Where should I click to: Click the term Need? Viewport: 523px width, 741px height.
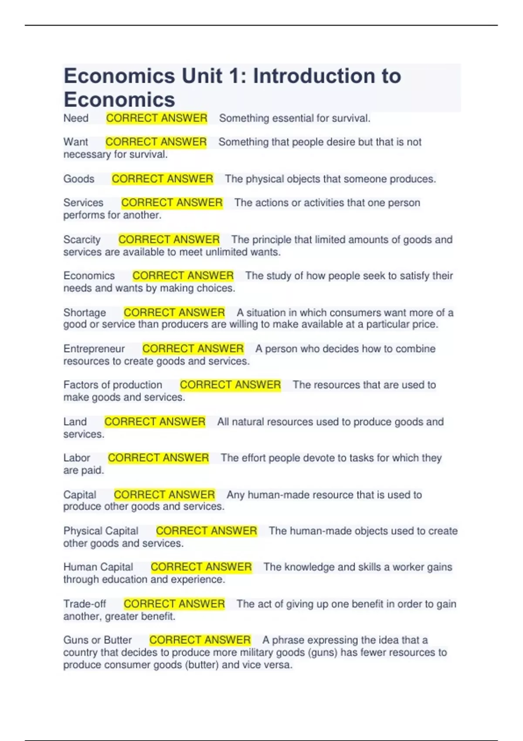click(x=76, y=118)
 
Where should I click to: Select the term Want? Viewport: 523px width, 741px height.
click(x=75, y=142)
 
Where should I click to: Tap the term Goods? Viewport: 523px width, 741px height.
click(x=79, y=179)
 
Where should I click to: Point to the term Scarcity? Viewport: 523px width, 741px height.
click(x=82, y=240)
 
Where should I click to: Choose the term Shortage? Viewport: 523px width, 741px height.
click(x=85, y=313)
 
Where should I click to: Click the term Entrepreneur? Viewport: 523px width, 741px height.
click(x=94, y=349)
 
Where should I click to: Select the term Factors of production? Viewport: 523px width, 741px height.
click(x=112, y=385)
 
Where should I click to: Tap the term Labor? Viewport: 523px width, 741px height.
click(x=77, y=458)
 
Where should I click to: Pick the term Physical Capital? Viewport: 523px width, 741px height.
click(x=101, y=531)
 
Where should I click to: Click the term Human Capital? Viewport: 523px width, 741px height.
click(x=98, y=567)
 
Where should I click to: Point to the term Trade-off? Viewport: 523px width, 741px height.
click(x=85, y=604)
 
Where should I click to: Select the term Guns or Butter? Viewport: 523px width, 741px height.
click(x=97, y=640)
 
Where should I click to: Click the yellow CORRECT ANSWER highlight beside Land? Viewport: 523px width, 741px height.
click(x=155, y=421)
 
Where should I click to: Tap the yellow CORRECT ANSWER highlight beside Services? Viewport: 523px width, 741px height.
click(x=172, y=203)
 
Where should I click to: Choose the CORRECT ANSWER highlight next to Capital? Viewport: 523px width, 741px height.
click(x=164, y=495)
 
